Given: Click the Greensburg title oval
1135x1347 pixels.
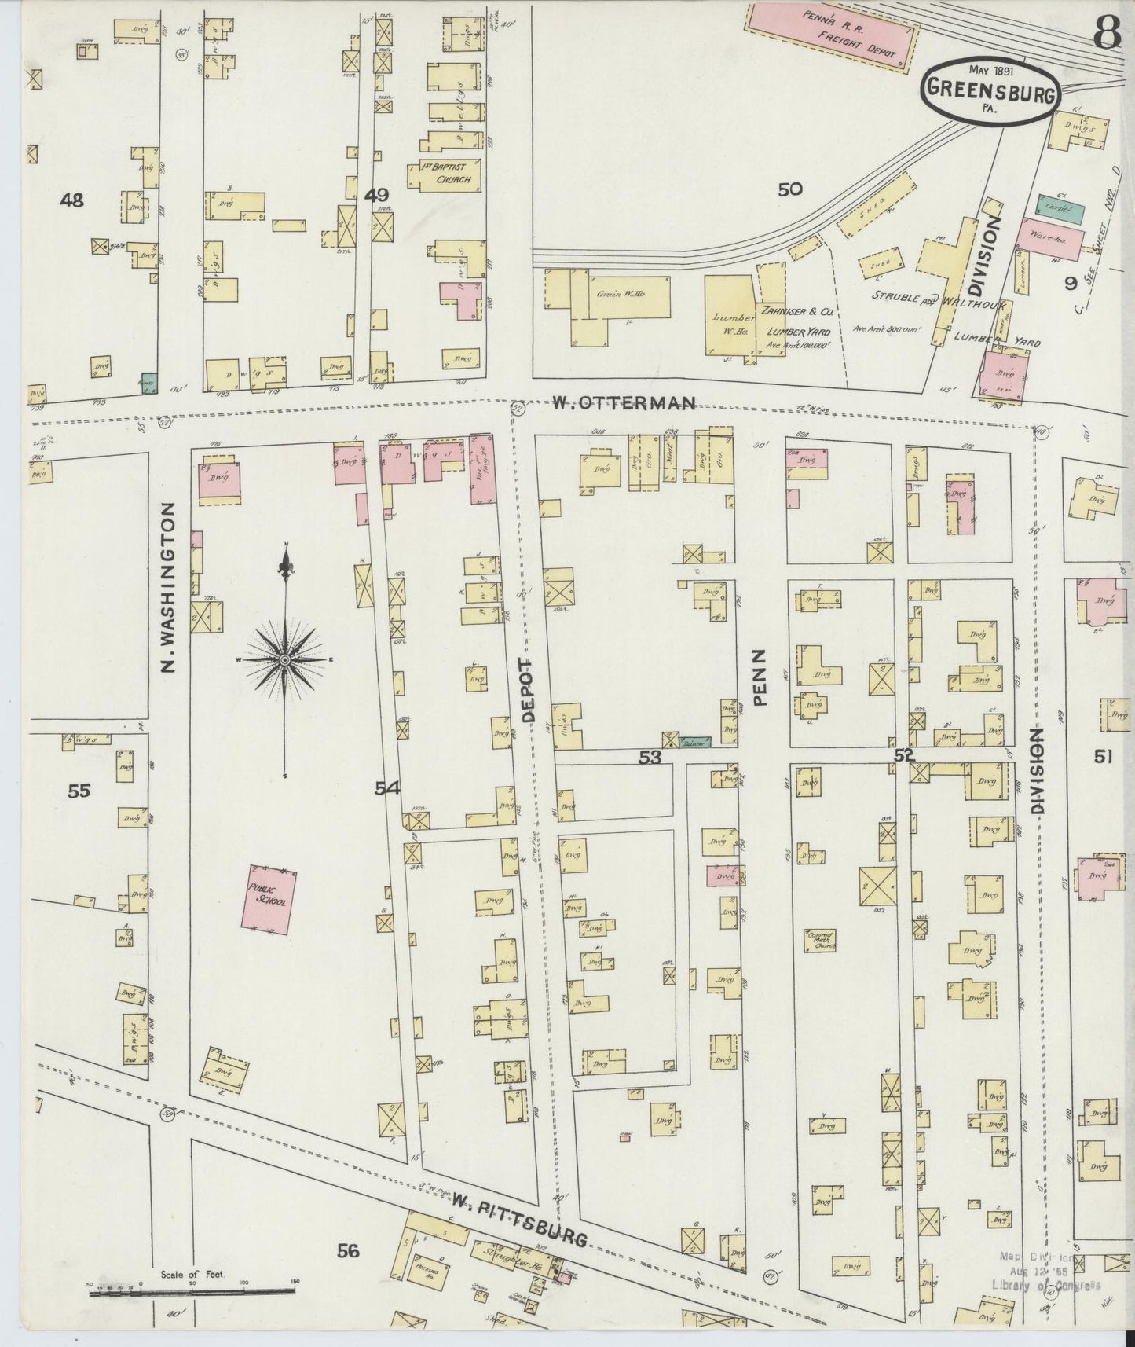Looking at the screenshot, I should pos(990,92).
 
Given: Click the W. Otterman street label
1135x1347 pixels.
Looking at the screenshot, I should pos(622,404).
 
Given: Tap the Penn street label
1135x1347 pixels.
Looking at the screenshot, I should pos(761,677).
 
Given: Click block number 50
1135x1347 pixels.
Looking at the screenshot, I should pos(789,189).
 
